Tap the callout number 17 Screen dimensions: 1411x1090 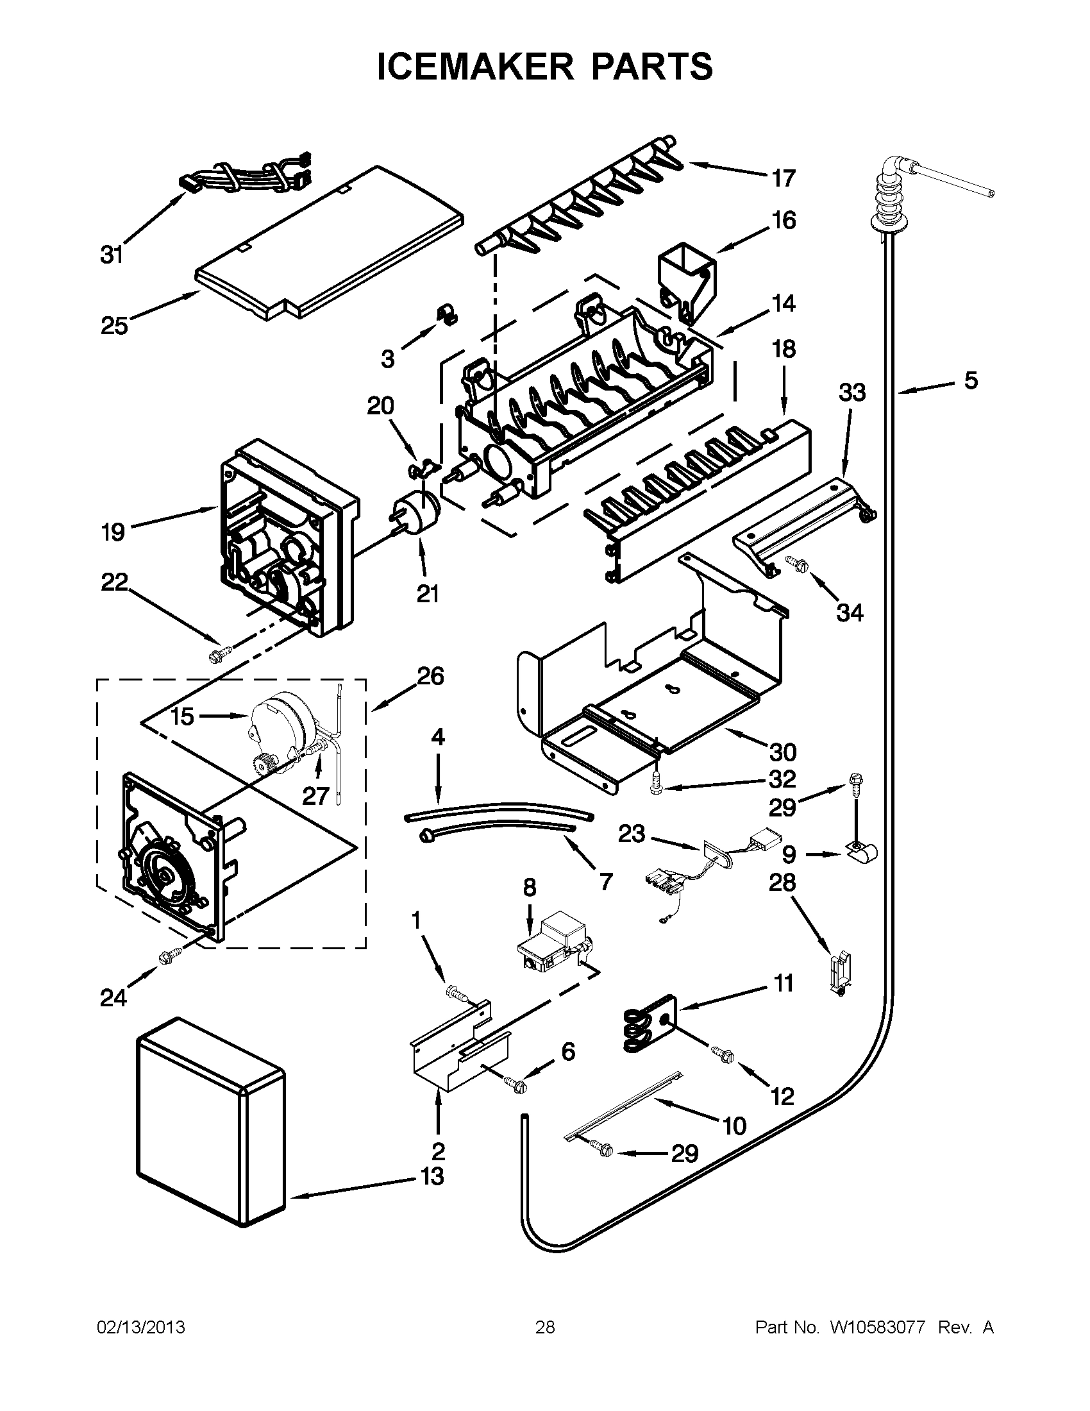tap(784, 178)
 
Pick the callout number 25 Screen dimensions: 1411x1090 tap(114, 326)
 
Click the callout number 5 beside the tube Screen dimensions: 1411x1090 tap(971, 380)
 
